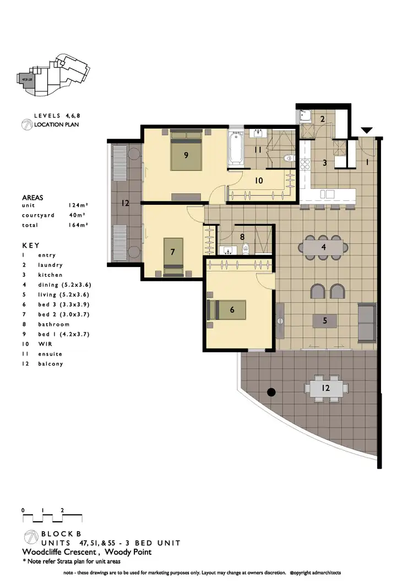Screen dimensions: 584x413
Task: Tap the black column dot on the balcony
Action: (271, 392)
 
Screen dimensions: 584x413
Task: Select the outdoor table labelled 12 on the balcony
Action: (325, 389)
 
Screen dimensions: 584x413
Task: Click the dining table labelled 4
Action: (323, 247)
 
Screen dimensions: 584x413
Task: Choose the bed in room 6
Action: (227, 310)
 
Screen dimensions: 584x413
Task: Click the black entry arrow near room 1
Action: (366, 130)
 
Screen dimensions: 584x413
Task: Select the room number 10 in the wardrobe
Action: (258, 181)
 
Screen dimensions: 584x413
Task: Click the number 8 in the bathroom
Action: (242, 237)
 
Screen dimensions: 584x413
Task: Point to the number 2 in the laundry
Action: (324, 119)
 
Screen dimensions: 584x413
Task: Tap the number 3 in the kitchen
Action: (325, 163)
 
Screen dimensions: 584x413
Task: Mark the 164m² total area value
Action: (79, 225)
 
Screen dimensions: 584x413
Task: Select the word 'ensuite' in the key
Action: (51, 354)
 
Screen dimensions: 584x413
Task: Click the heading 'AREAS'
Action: (32, 197)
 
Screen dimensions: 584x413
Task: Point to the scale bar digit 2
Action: (62, 510)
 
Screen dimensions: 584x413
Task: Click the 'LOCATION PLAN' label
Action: (56, 125)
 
